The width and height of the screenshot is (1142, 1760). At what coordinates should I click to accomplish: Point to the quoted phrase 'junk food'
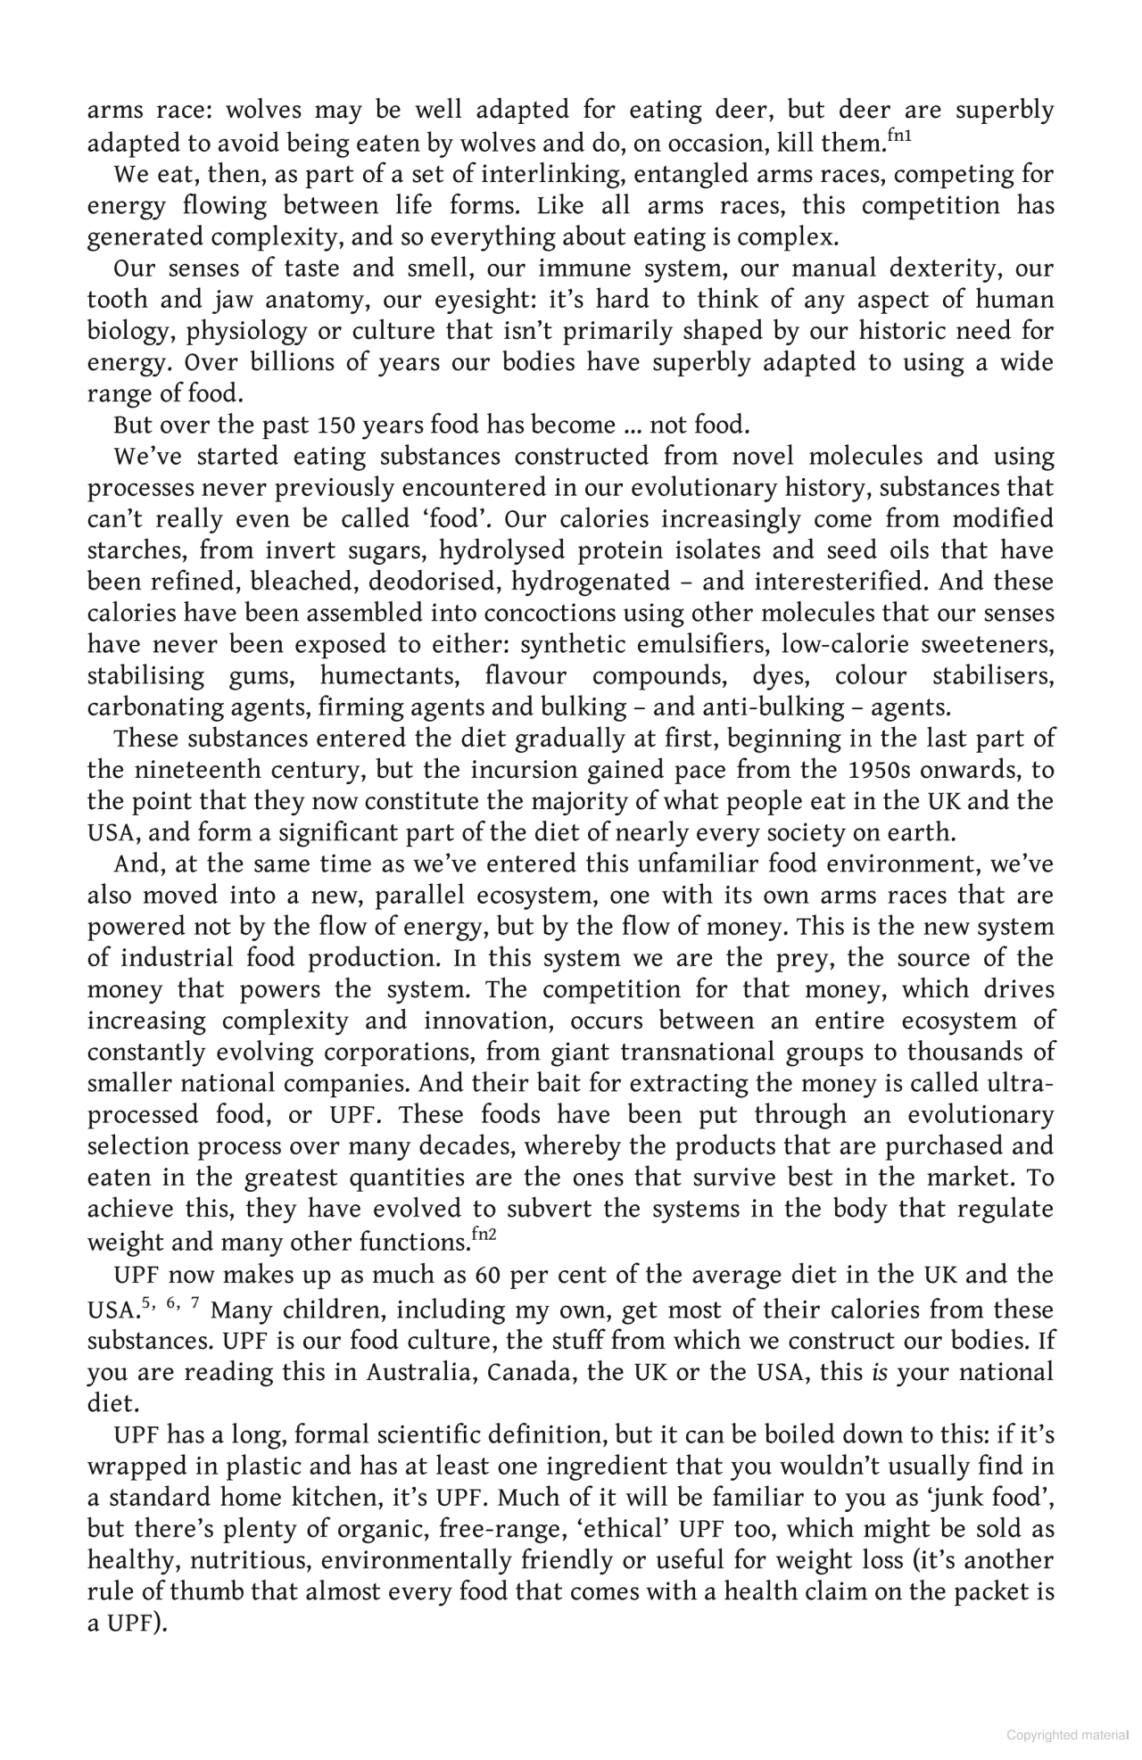[988, 1497]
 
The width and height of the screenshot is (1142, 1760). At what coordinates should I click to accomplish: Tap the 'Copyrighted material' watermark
[1067, 1735]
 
